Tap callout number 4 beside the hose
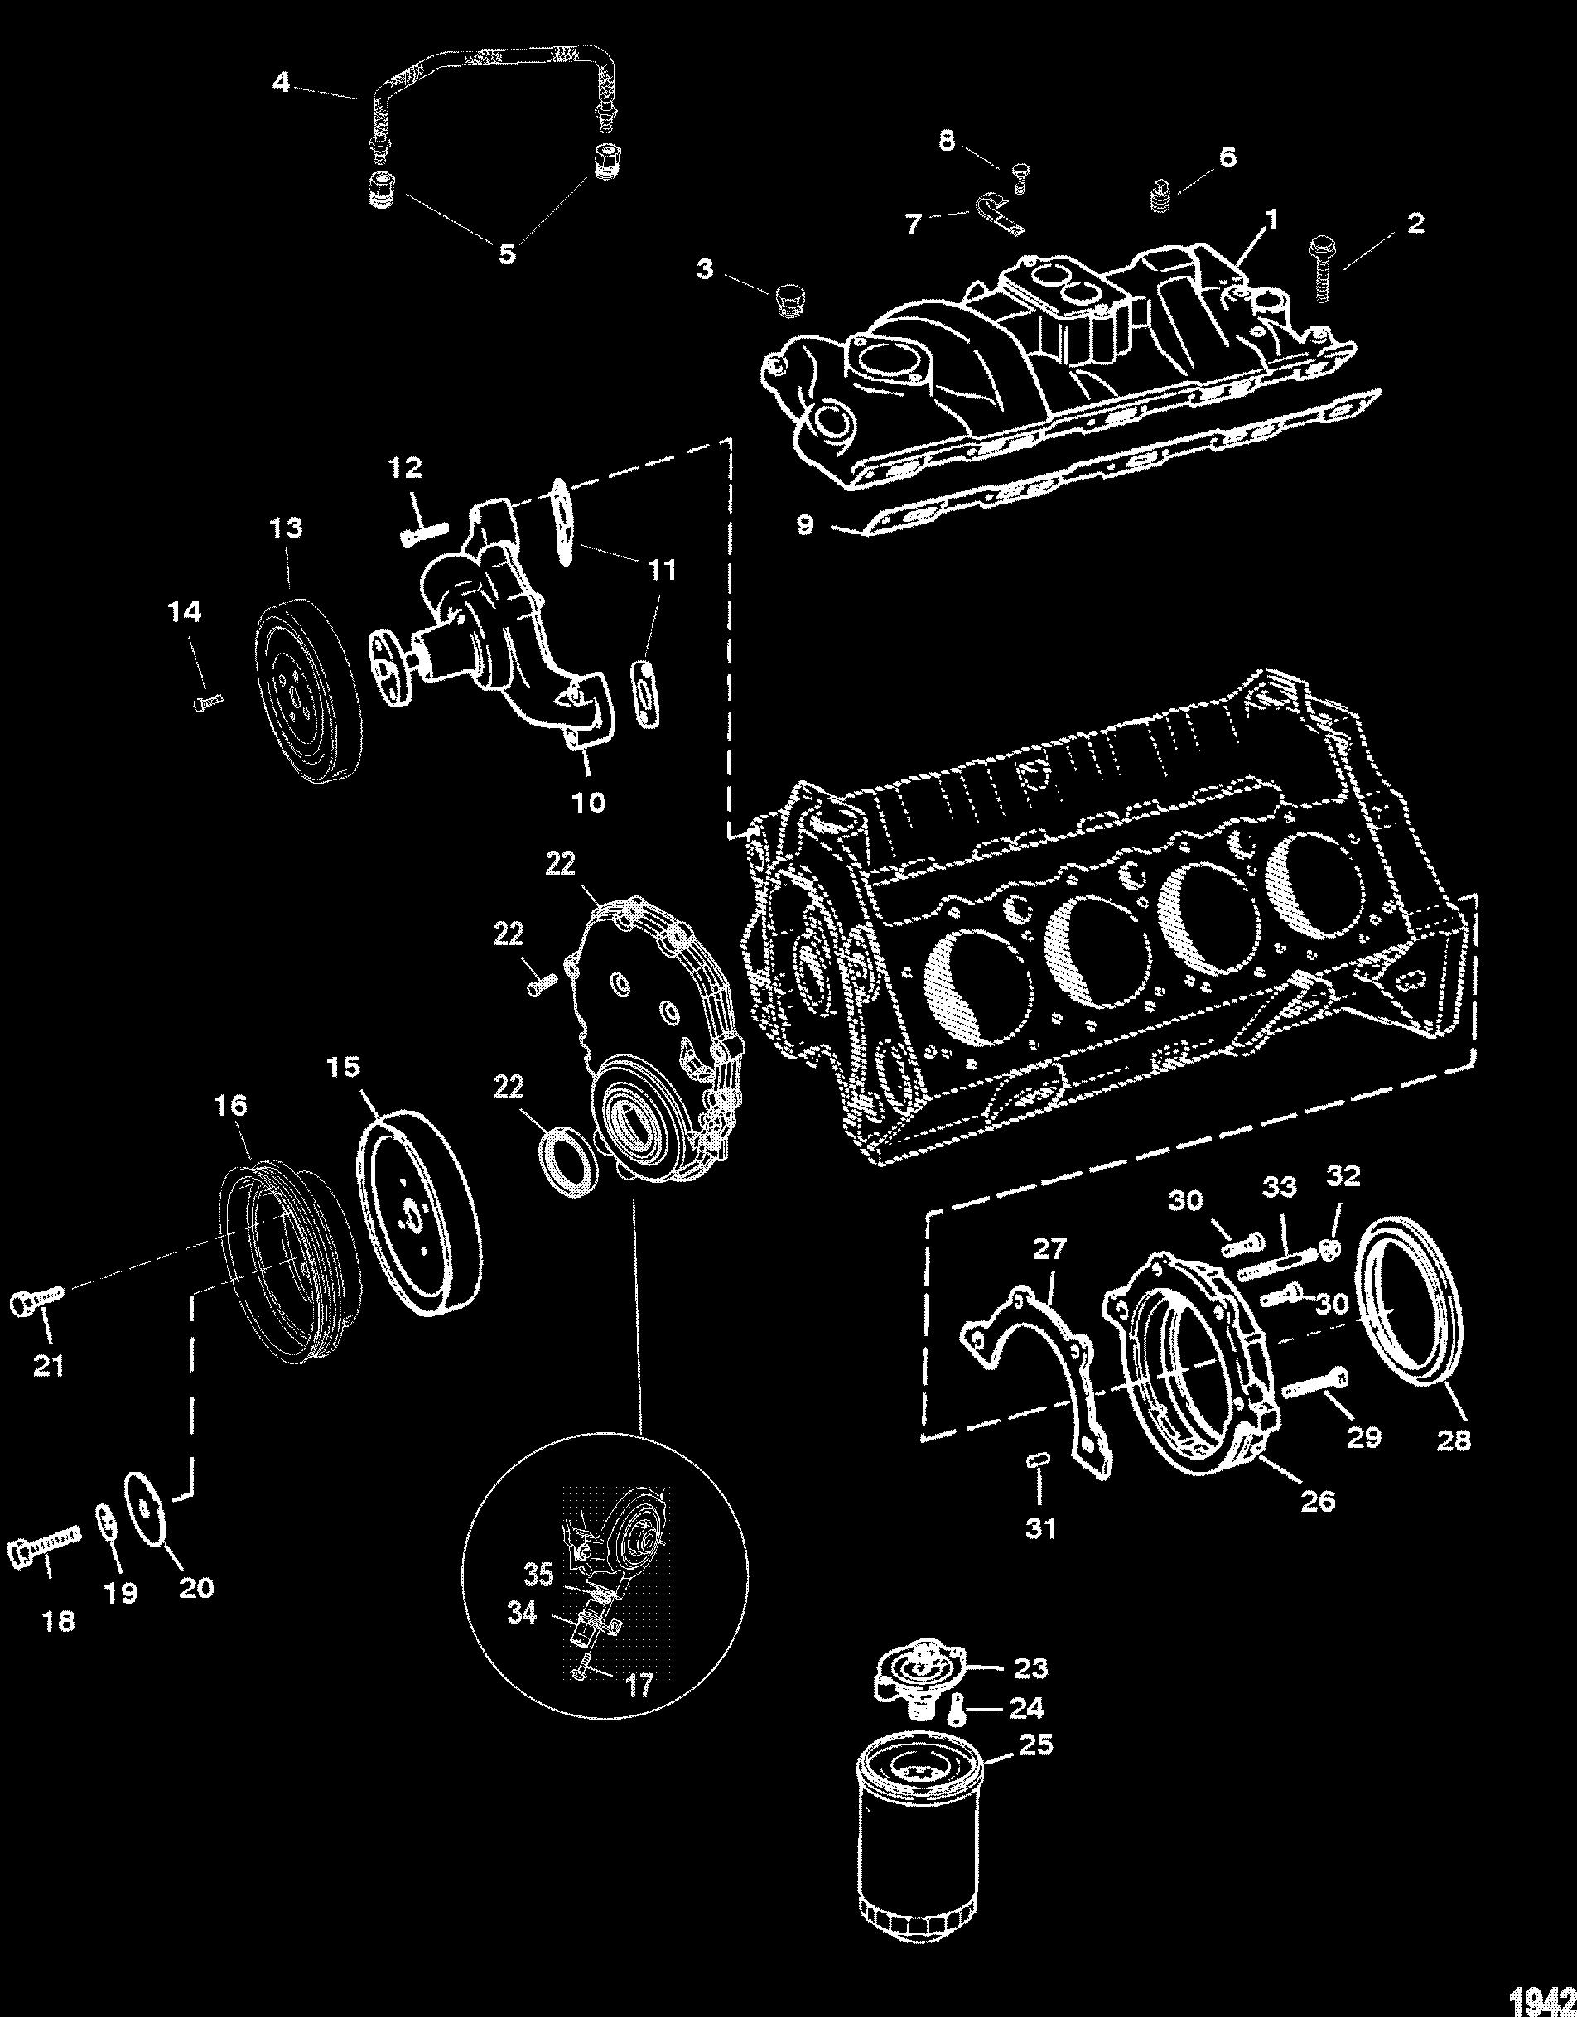[x=281, y=83]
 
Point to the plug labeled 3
[x=788, y=300]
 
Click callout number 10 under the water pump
[x=588, y=802]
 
